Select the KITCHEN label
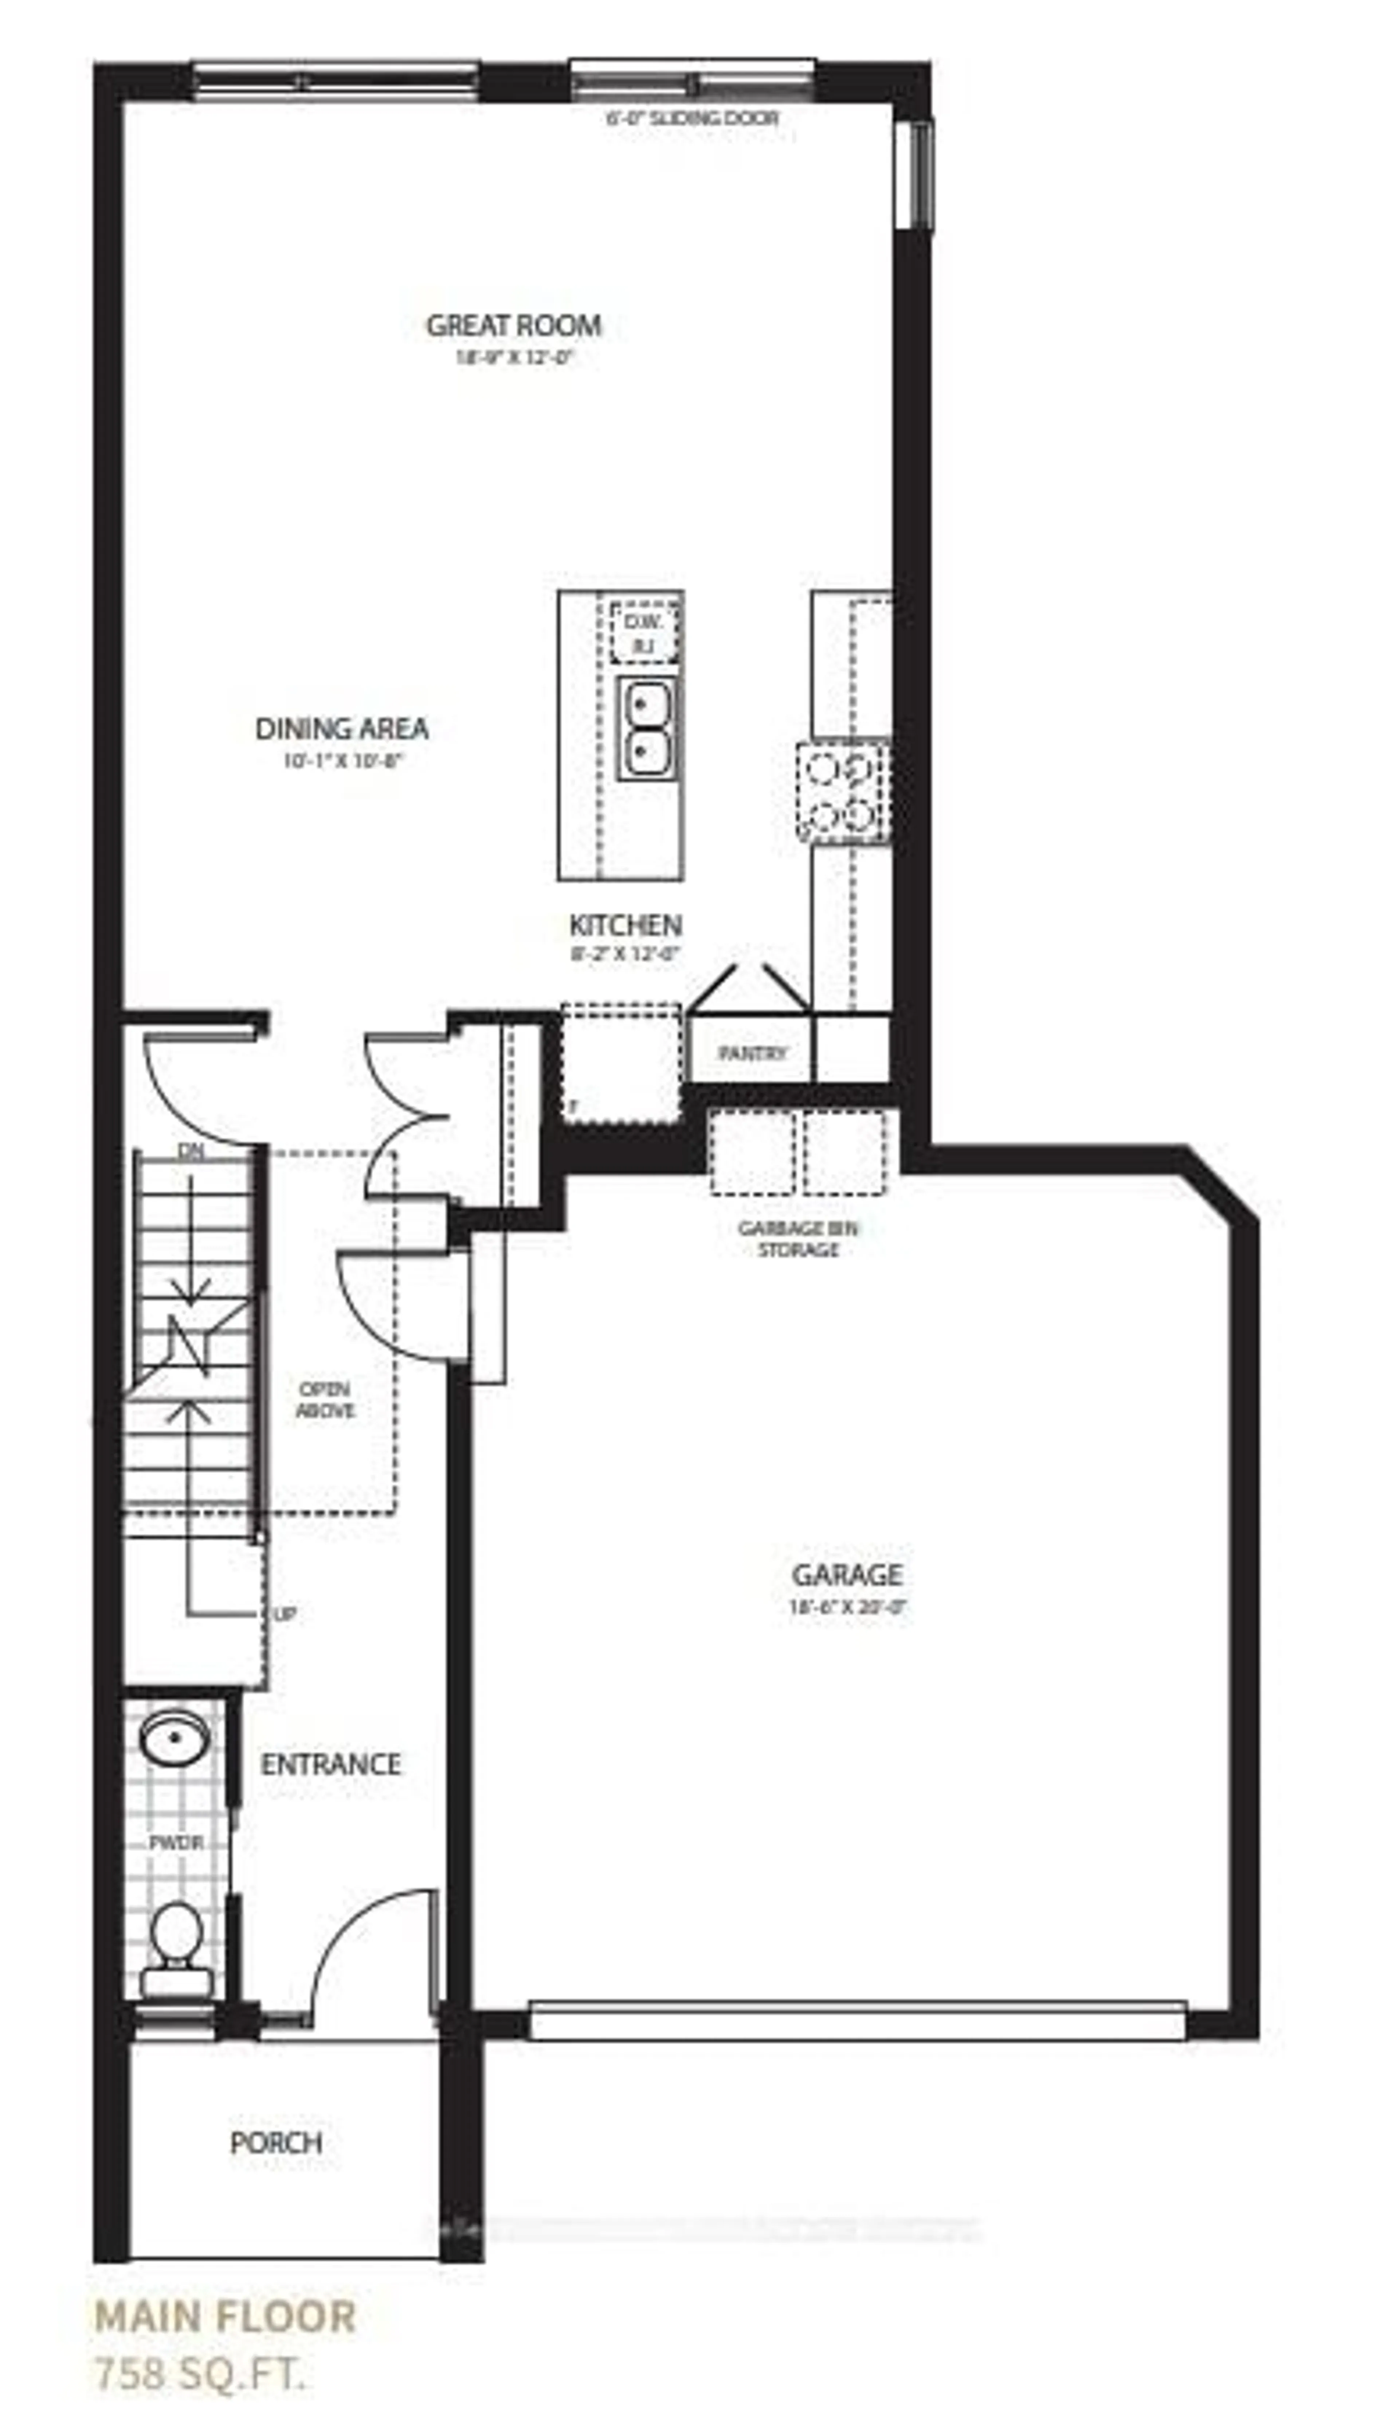[625, 925]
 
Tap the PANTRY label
[752, 1053]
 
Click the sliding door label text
[691, 118]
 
